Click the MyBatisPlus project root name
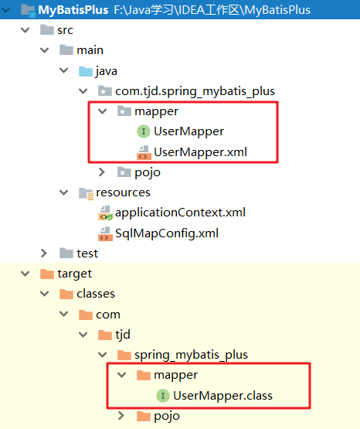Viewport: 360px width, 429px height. [x=73, y=10]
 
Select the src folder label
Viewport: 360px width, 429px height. [x=66, y=30]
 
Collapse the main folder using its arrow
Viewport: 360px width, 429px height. [x=44, y=50]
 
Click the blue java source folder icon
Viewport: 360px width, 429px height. [x=86, y=71]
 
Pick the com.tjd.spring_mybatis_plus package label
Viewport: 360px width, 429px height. [x=195, y=91]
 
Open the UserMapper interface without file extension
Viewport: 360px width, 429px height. [x=188, y=131]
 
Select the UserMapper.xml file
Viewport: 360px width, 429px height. [x=200, y=152]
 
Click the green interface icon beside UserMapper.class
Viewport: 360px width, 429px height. [x=163, y=396]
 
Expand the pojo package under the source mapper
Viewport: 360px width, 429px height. [x=102, y=172]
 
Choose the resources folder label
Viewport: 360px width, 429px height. [x=123, y=192]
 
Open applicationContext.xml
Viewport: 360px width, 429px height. [x=181, y=213]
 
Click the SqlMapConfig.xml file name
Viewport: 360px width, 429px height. [x=167, y=233]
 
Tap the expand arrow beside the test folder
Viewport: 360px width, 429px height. [x=44, y=254]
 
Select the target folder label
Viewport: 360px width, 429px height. [x=75, y=274]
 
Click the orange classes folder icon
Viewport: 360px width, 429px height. [x=66, y=294]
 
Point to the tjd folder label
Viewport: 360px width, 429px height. [x=123, y=335]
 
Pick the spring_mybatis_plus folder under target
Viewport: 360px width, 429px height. [x=191, y=355]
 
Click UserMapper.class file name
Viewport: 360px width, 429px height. [x=222, y=396]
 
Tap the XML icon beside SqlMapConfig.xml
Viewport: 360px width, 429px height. [x=105, y=233]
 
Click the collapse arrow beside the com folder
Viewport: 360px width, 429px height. [x=63, y=314]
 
